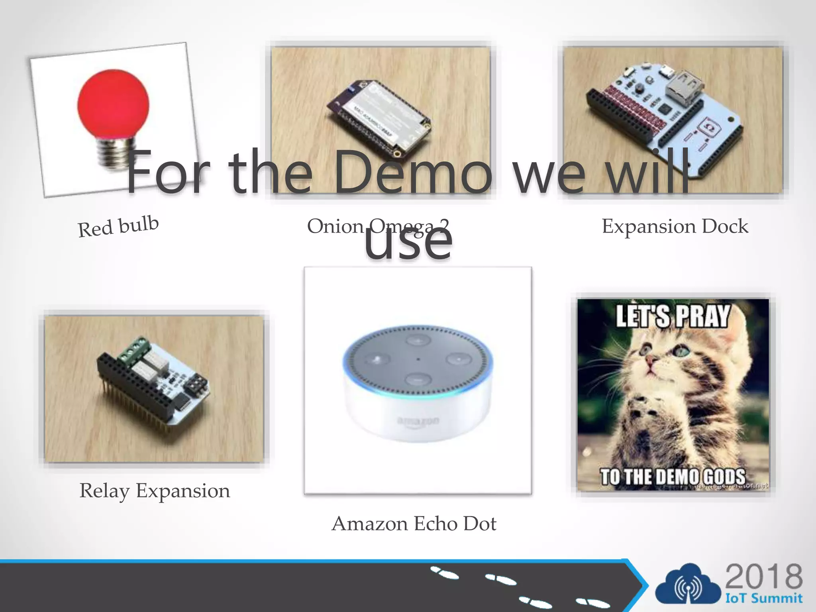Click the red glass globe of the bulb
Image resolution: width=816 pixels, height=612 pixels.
(x=113, y=104)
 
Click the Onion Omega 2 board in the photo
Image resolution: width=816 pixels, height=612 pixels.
(x=379, y=118)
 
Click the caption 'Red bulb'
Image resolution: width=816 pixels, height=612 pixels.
(x=118, y=226)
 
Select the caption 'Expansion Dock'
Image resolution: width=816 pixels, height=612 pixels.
(x=675, y=226)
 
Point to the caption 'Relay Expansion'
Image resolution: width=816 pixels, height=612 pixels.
(x=155, y=491)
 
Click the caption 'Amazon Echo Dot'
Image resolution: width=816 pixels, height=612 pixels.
(x=414, y=524)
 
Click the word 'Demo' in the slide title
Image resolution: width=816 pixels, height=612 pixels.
(x=412, y=172)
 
